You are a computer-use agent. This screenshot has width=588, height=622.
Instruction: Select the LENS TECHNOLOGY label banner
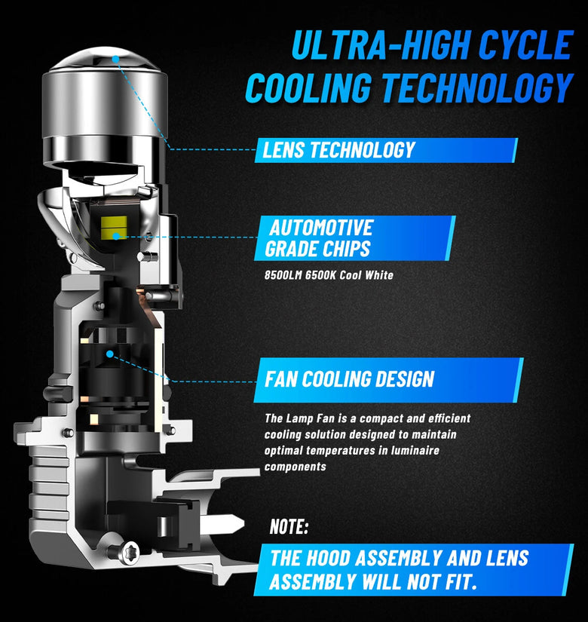pyautogui.click(x=386, y=150)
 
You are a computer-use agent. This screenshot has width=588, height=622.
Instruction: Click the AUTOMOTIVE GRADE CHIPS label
pyautogui.click(x=355, y=238)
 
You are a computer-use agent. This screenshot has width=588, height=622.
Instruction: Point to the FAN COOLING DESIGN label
pyautogui.click(x=388, y=380)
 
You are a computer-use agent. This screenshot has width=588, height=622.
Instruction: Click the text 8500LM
pyautogui.click(x=283, y=275)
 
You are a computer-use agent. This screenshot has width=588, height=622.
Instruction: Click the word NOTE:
pyautogui.click(x=289, y=527)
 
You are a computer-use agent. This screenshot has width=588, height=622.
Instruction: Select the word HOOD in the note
pyautogui.click(x=329, y=558)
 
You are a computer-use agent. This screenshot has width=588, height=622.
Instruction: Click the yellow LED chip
pyautogui.click(x=114, y=227)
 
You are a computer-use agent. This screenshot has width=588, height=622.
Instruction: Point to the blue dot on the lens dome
pyautogui.click(x=115, y=59)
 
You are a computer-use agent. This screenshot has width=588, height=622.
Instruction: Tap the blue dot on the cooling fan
pyautogui.click(x=110, y=354)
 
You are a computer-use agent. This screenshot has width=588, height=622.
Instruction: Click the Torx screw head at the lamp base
pyautogui.click(x=130, y=552)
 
